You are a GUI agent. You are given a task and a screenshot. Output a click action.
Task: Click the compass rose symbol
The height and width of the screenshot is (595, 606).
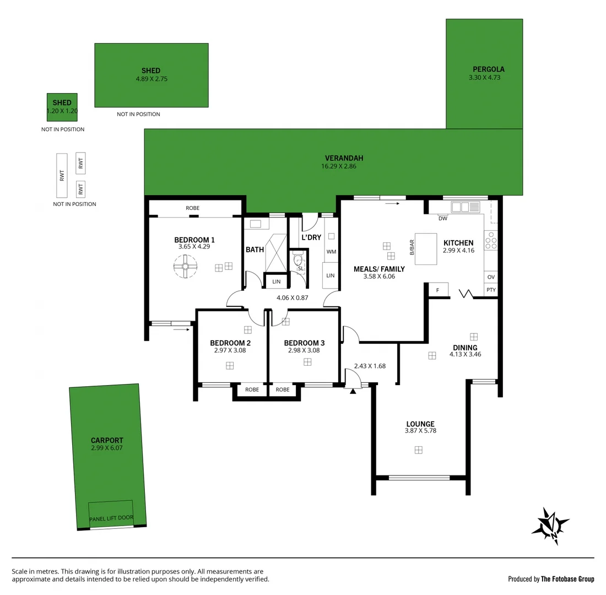(x=550, y=526)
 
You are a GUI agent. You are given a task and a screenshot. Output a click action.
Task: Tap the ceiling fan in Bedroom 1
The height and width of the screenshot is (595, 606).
(x=185, y=267)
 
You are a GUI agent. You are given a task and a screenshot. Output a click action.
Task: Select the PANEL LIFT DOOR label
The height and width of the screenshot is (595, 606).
(x=111, y=518)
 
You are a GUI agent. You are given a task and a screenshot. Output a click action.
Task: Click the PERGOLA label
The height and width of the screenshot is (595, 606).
(x=488, y=69)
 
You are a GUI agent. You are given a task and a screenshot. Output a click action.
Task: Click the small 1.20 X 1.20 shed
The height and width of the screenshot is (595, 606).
(x=62, y=107)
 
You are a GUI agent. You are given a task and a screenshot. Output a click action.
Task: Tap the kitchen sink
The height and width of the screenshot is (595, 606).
(x=465, y=207)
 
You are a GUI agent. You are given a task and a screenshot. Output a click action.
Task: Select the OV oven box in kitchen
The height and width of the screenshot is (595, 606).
(x=491, y=277)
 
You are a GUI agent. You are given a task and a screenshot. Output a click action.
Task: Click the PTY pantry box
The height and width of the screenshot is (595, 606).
(x=491, y=290)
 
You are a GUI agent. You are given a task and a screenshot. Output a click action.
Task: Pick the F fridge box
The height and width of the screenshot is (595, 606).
(x=438, y=290)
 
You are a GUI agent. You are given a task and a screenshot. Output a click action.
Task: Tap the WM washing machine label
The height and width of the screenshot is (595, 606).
(x=331, y=252)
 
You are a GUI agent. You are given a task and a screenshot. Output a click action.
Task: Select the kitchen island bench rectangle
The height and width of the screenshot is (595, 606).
(x=425, y=248)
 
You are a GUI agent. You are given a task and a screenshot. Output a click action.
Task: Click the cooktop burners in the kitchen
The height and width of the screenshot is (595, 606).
(x=491, y=241)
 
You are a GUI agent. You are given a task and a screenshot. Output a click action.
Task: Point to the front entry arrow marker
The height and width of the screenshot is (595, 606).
(x=353, y=391)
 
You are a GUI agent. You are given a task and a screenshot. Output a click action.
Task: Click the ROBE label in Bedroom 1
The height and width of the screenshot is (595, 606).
(x=192, y=208)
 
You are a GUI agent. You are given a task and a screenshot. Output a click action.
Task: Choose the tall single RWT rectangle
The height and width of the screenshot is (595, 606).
(x=62, y=176)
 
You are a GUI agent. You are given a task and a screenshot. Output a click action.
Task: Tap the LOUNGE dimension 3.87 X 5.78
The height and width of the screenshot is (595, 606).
(x=420, y=431)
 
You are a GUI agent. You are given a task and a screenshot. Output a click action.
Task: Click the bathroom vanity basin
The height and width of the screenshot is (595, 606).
(x=256, y=224)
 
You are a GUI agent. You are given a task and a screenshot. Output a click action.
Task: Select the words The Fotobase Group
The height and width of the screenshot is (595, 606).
(x=567, y=579)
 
